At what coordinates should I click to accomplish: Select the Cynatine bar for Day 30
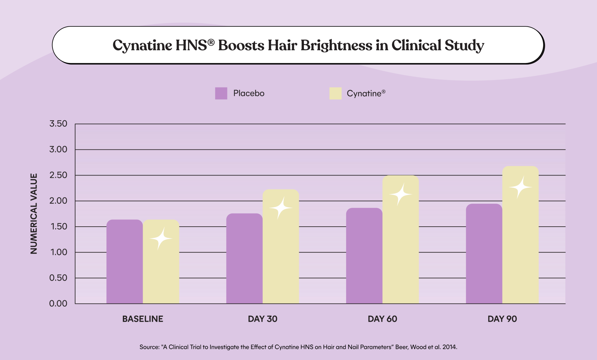tap(281, 248)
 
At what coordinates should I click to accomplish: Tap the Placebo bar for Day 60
tap(364, 256)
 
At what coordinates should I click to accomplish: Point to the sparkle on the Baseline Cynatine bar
tap(161, 238)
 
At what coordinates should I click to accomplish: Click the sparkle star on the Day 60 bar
tap(400, 194)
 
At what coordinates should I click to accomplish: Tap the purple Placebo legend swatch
tap(221, 93)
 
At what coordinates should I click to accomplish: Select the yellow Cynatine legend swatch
tap(335, 93)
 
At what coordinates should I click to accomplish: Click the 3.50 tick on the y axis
tap(58, 124)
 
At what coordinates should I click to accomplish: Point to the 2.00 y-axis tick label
tap(58, 201)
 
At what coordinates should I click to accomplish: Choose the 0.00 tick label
tap(58, 304)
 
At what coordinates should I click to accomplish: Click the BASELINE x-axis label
tap(143, 319)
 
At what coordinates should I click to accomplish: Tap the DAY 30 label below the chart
tap(262, 319)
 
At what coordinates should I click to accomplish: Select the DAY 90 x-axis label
tap(502, 319)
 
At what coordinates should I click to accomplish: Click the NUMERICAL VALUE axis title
tap(34, 214)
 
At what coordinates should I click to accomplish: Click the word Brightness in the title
tap(336, 45)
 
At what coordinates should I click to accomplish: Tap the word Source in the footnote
tap(149, 347)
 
